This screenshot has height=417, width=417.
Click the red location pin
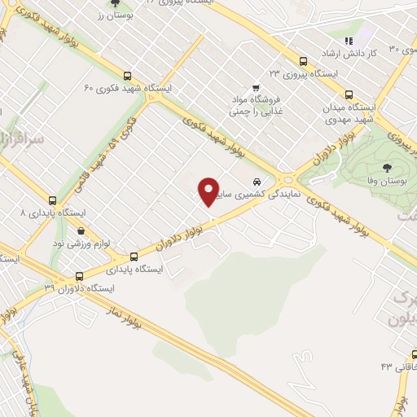click(209, 191)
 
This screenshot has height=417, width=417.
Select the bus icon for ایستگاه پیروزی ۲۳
click(303, 60)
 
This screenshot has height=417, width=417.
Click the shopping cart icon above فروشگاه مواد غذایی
click(256, 87)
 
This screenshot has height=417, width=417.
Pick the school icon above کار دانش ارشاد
click(349, 40)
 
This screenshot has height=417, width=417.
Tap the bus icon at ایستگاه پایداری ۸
click(53, 200)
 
